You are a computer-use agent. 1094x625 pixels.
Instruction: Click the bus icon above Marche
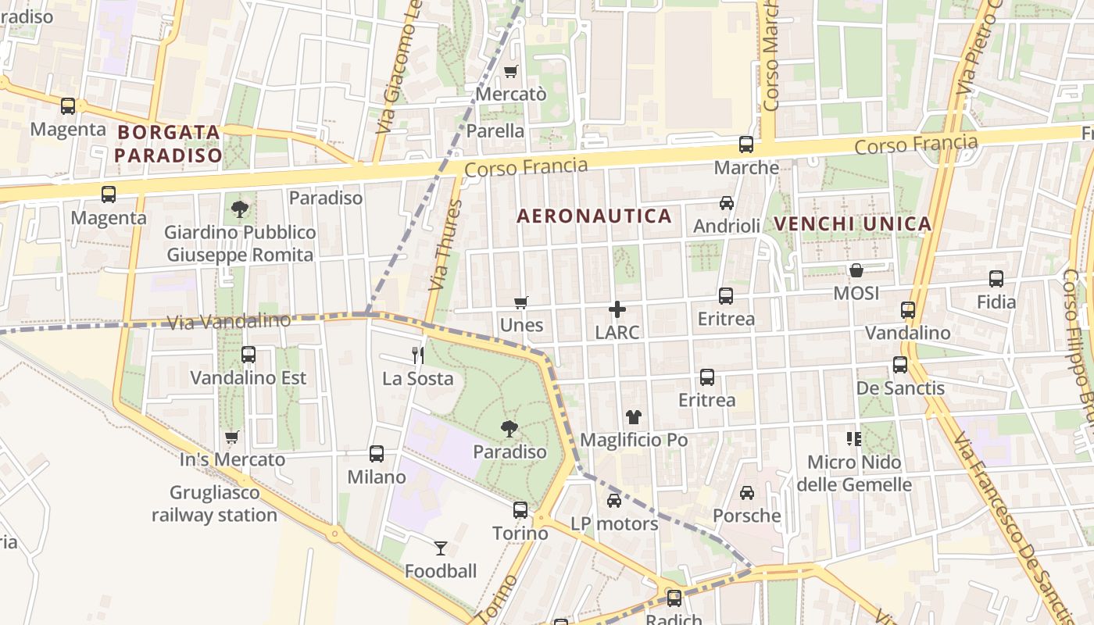[746, 145]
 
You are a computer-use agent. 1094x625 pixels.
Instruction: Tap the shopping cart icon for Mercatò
[511, 71]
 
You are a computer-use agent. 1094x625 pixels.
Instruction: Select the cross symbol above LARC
[617, 309]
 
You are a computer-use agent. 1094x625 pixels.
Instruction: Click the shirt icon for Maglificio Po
[633, 417]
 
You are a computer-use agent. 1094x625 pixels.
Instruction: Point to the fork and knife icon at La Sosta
[418, 355]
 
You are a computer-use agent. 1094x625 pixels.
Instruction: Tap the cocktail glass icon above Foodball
[441, 548]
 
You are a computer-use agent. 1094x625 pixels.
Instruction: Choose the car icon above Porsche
[747, 493]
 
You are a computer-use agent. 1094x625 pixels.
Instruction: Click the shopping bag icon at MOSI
[856, 270]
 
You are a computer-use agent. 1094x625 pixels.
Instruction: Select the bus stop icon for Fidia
[996, 279]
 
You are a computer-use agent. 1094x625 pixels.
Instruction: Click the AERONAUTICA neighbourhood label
[595, 216]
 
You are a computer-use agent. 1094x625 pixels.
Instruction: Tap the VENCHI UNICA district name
[853, 224]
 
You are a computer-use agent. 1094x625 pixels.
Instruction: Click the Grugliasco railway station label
[214, 504]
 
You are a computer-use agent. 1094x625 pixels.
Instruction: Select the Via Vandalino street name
[229, 321]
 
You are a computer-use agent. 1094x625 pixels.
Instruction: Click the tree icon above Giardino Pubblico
[240, 209]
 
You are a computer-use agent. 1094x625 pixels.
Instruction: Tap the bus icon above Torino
[520, 510]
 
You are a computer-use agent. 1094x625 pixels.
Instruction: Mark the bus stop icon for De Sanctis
[900, 365]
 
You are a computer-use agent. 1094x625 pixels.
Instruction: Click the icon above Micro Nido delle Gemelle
[854, 439]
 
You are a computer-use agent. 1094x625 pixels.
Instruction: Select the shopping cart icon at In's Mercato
[232, 437]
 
